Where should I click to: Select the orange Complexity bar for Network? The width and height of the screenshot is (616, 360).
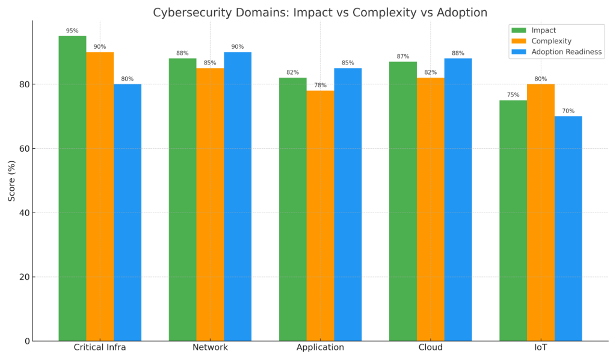(x=210, y=204)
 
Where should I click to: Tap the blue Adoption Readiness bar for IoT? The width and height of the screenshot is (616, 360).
(x=568, y=228)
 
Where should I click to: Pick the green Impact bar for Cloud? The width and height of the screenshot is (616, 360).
(x=402, y=201)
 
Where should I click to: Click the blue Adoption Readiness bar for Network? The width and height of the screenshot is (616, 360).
(x=238, y=196)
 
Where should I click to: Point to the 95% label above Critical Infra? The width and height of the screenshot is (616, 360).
(x=72, y=31)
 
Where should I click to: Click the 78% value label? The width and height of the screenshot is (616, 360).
(x=320, y=85)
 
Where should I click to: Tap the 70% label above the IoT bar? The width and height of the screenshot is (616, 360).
(x=568, y=111)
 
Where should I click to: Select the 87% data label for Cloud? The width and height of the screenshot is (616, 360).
(x=402, y=57)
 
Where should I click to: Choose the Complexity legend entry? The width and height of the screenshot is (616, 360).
(x=551, y=41)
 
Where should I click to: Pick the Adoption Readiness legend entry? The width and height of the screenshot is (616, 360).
(x=566, y=52)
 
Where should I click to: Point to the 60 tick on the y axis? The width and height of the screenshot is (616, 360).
(x=23, y=149)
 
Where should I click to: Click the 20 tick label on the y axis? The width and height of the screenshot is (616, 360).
(x=23, y=277)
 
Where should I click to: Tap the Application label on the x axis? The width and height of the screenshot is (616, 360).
(x=320, y=347)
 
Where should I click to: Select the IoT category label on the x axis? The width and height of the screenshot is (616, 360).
(x=540, y=347)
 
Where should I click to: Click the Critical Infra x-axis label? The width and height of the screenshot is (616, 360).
(x=100, y=347)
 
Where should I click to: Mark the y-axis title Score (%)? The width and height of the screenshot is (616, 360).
(x=11, y=181)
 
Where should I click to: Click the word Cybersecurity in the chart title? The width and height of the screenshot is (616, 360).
(x=189, y=13)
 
